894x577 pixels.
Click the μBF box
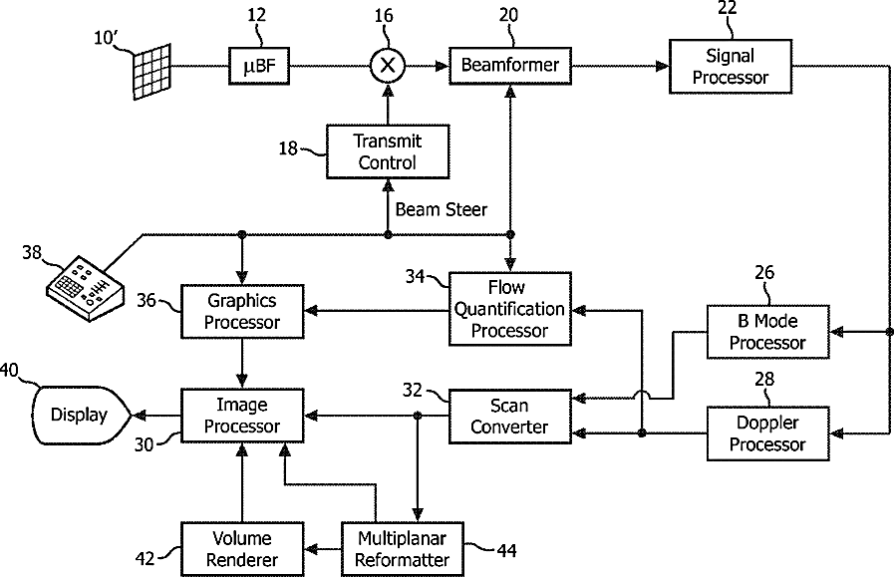259,66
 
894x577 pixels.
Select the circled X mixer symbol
388,66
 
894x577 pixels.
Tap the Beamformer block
510,66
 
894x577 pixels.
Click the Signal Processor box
731,66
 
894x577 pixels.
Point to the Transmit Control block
388,151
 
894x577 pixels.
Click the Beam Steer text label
442,210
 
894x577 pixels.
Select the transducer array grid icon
152,72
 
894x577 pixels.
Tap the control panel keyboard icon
85,289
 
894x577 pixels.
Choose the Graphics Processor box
242,311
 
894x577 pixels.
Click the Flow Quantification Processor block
510,309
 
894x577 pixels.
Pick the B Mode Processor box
768,332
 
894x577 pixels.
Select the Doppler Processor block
768,433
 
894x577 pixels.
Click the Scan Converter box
510,417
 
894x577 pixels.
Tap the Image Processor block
242,416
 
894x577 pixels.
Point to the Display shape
81,416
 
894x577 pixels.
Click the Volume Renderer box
242,549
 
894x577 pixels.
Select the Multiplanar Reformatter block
403,549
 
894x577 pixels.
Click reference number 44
507,550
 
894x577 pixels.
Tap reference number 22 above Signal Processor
728,8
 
